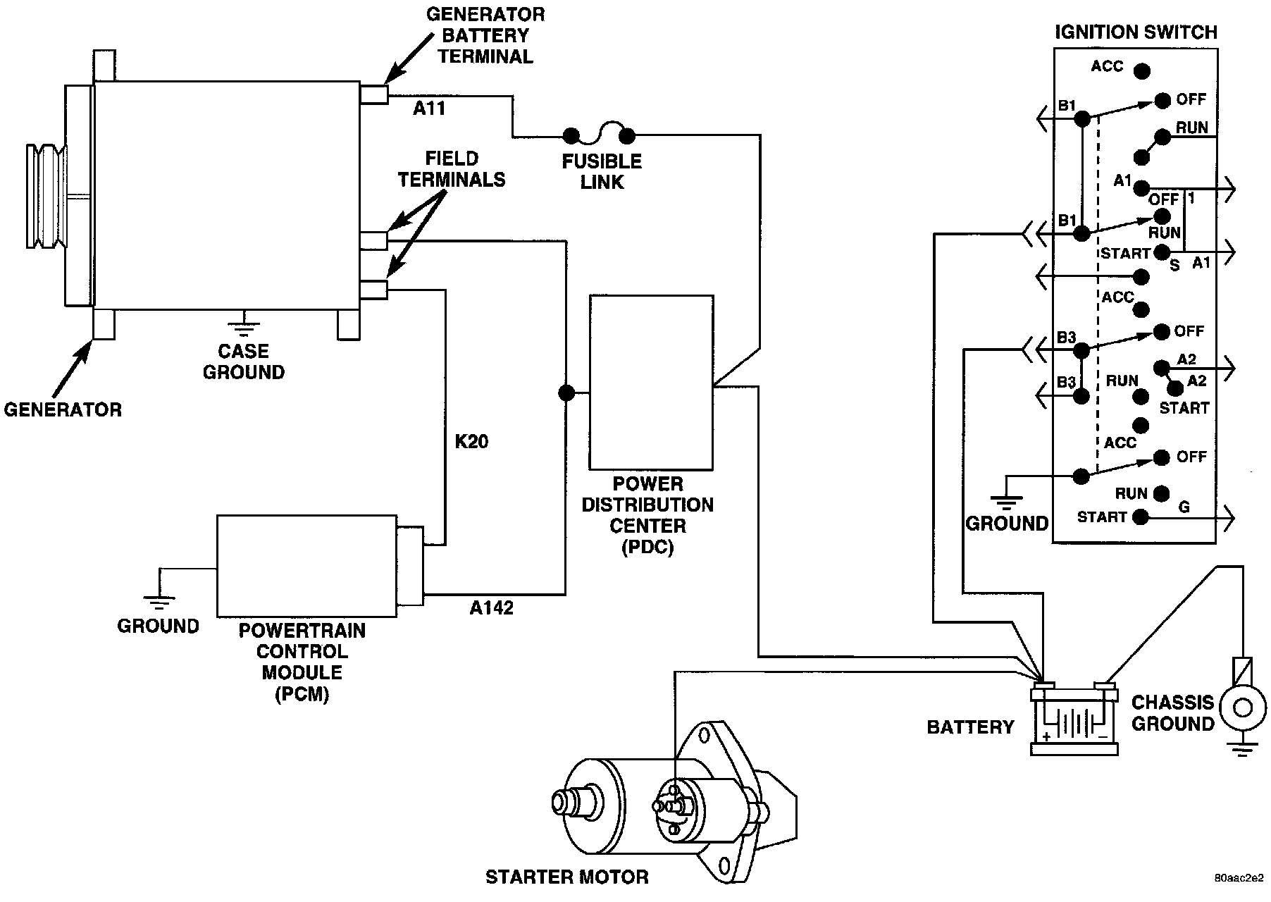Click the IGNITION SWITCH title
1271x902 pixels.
click(x=1135, y=32)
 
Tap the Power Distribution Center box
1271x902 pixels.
click(x=650, y=383)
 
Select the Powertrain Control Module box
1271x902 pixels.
click(x=306, y=566)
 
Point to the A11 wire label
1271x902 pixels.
click(x=428, y=109)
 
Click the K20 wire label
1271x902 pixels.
click(x=471, y=442)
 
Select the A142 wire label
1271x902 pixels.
click(x=491, y=608)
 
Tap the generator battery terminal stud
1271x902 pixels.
click(x=373, y=94)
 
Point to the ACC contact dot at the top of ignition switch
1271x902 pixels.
click(x=1141, y=71)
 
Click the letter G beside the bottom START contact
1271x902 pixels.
click(x=1184, y=507)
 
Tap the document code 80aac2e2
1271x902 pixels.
click(x=1239, y=879)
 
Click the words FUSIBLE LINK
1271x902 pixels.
click(x=602, y=171)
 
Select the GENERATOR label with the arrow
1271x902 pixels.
click(x=63, y=409)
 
